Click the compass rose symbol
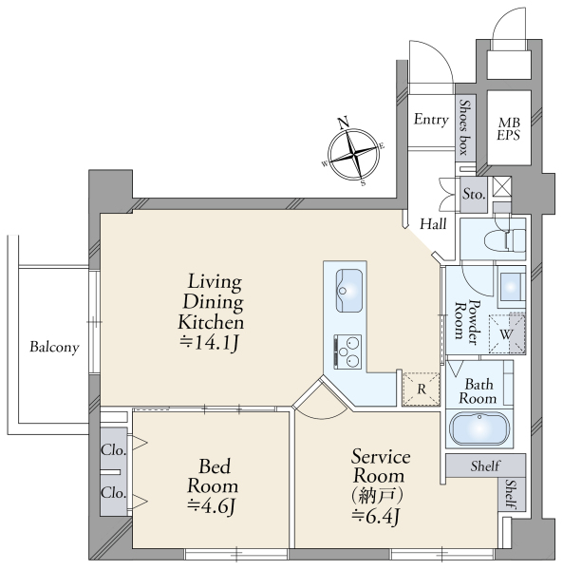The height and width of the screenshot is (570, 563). click(x=353, y=153)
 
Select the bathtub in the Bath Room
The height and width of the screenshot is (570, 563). click(x=479, y=429)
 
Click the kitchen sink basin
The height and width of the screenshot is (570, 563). click(x=349, y=291)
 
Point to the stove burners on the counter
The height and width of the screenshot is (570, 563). click(x=347, y=351)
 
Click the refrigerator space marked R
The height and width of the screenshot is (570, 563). click(x=422, y=389)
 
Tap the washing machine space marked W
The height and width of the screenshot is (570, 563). click(x=507, y=333)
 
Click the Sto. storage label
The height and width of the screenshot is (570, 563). click(x=474, y=194)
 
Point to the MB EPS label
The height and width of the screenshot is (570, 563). click(x=509, y=128)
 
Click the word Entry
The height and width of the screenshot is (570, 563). click(x=431, y=120)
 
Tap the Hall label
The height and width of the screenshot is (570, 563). click(x=433, y=223)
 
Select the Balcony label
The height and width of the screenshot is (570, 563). click(x=54, y=347)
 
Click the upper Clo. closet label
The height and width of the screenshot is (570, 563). click(x=114, y=450)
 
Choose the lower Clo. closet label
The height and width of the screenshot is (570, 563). click(x=114, y=492)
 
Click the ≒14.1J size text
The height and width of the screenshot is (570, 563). click(x=210, y=342)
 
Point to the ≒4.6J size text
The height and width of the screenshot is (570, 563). click(x=212, y=505)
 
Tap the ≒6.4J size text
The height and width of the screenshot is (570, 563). click(x=376, y=516)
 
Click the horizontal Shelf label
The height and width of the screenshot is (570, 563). click(x=485, y=465)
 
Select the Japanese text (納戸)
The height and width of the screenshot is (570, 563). click(x=377, y=496)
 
